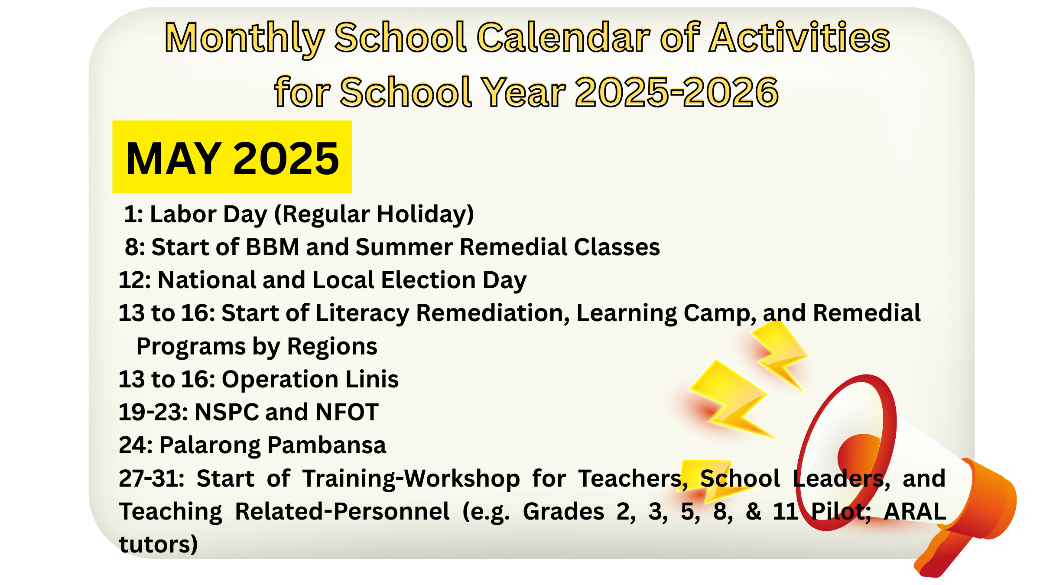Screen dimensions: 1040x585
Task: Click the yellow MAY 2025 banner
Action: click(232, 156)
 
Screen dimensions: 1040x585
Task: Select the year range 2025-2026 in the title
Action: click(676, 92)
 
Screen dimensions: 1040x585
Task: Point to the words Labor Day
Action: click(208, 215)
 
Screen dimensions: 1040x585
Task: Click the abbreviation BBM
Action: click(273, 247)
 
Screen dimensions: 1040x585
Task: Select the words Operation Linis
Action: click(310, 380)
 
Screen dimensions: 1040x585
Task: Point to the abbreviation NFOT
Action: click(347, 412)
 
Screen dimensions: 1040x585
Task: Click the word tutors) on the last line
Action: click(159, 544)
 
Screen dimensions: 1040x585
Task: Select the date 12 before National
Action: click(132, 280)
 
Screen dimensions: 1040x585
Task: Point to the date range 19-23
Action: click(153, 412)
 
